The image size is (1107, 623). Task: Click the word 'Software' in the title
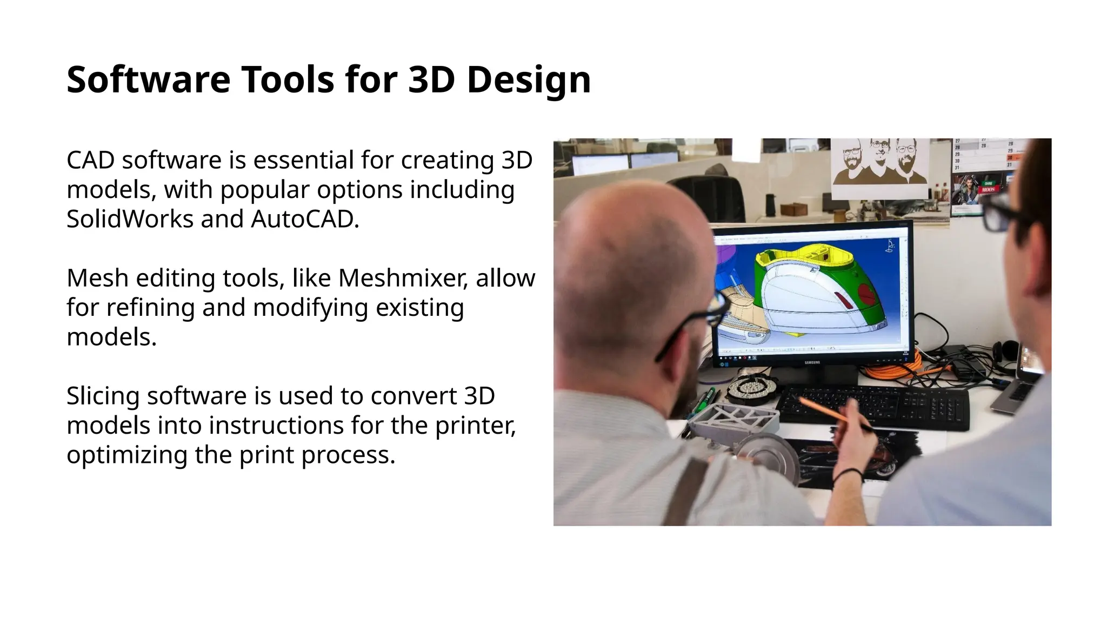[148, 79]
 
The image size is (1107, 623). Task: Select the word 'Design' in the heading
[528, 79]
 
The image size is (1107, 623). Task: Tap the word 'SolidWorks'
[130, 219]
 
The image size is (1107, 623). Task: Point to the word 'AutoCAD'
[304, 219]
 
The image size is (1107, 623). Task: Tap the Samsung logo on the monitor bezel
[812, 362]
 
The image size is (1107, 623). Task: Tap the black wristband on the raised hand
[847, 474]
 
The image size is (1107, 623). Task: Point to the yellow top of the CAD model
[795, 254]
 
